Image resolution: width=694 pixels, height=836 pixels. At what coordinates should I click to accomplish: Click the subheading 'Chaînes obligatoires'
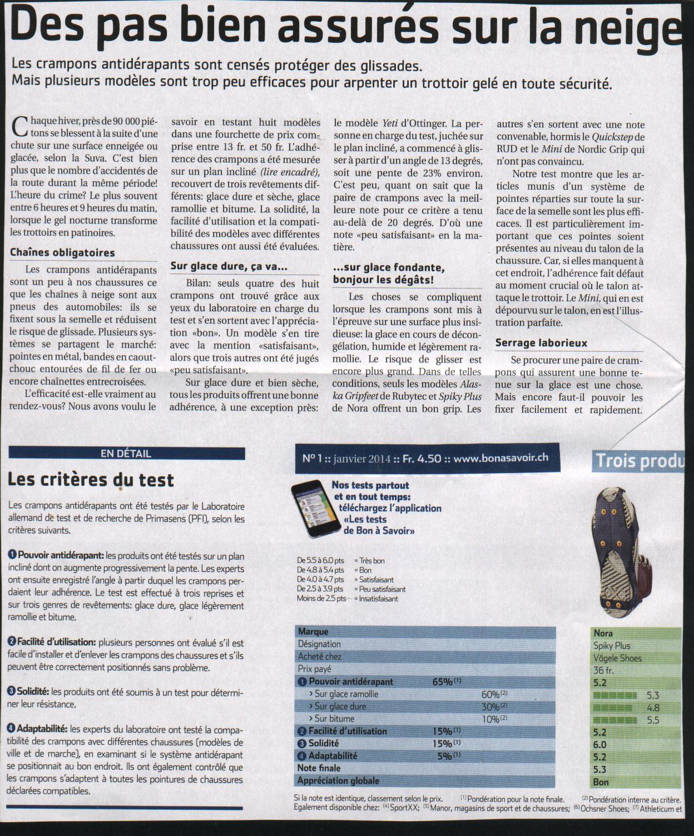click(x=62, y=252)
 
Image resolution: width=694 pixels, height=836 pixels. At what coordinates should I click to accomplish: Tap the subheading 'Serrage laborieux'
click(x=541, y=343)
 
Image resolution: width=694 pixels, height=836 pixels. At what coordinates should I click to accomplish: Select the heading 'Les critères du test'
click(x=91, y=480)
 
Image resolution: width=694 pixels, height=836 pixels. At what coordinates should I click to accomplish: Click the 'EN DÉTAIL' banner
click(x=126, y=454)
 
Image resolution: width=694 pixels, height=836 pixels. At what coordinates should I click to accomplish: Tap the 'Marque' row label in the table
click(x=313, y=631)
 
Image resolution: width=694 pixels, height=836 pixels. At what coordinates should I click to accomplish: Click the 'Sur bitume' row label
click(x=334, y=719)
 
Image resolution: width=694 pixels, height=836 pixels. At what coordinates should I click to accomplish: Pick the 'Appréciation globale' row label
click(x=338, y=780)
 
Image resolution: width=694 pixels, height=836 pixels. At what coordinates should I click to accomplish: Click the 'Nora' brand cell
click(x=603, y=633)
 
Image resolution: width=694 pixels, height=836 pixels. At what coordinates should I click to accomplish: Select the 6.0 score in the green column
click(x=600, y=745)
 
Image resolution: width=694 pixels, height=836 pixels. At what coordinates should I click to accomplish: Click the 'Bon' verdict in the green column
click(x=601, y=782)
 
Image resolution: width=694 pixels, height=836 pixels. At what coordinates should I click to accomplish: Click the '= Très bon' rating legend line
click(x=372, y=561)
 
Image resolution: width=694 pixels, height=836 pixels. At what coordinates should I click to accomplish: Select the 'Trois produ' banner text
click(x=639, y=461)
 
